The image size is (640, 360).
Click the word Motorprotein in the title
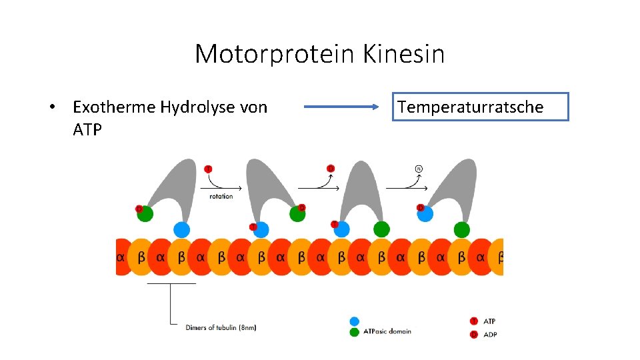[275, 54]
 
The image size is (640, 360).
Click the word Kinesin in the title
[404, 54]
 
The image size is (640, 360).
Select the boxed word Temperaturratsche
[480, 107]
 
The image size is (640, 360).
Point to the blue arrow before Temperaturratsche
[341, 107]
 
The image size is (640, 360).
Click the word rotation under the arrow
[221, 197]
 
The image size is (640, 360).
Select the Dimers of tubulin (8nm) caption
[221, 327]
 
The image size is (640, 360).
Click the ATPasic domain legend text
[387, 331]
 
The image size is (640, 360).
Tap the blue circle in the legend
[354, 321]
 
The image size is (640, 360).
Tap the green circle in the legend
[354, 332]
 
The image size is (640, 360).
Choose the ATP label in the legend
[489, 321]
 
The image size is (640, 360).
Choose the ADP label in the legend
[489, 334]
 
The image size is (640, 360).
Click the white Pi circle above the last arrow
[419, 168]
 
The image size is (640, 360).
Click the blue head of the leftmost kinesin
[181, 230]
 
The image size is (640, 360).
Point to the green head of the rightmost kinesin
[461, 230]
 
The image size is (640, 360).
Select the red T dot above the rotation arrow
[208, 169]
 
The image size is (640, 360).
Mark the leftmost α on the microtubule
[121, 257]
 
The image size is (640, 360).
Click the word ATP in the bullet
[87, 129]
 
